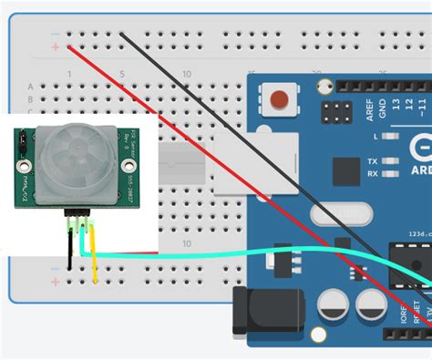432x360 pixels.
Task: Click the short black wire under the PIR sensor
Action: point(69,246)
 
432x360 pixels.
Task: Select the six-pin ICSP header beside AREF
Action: point(338,112)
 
